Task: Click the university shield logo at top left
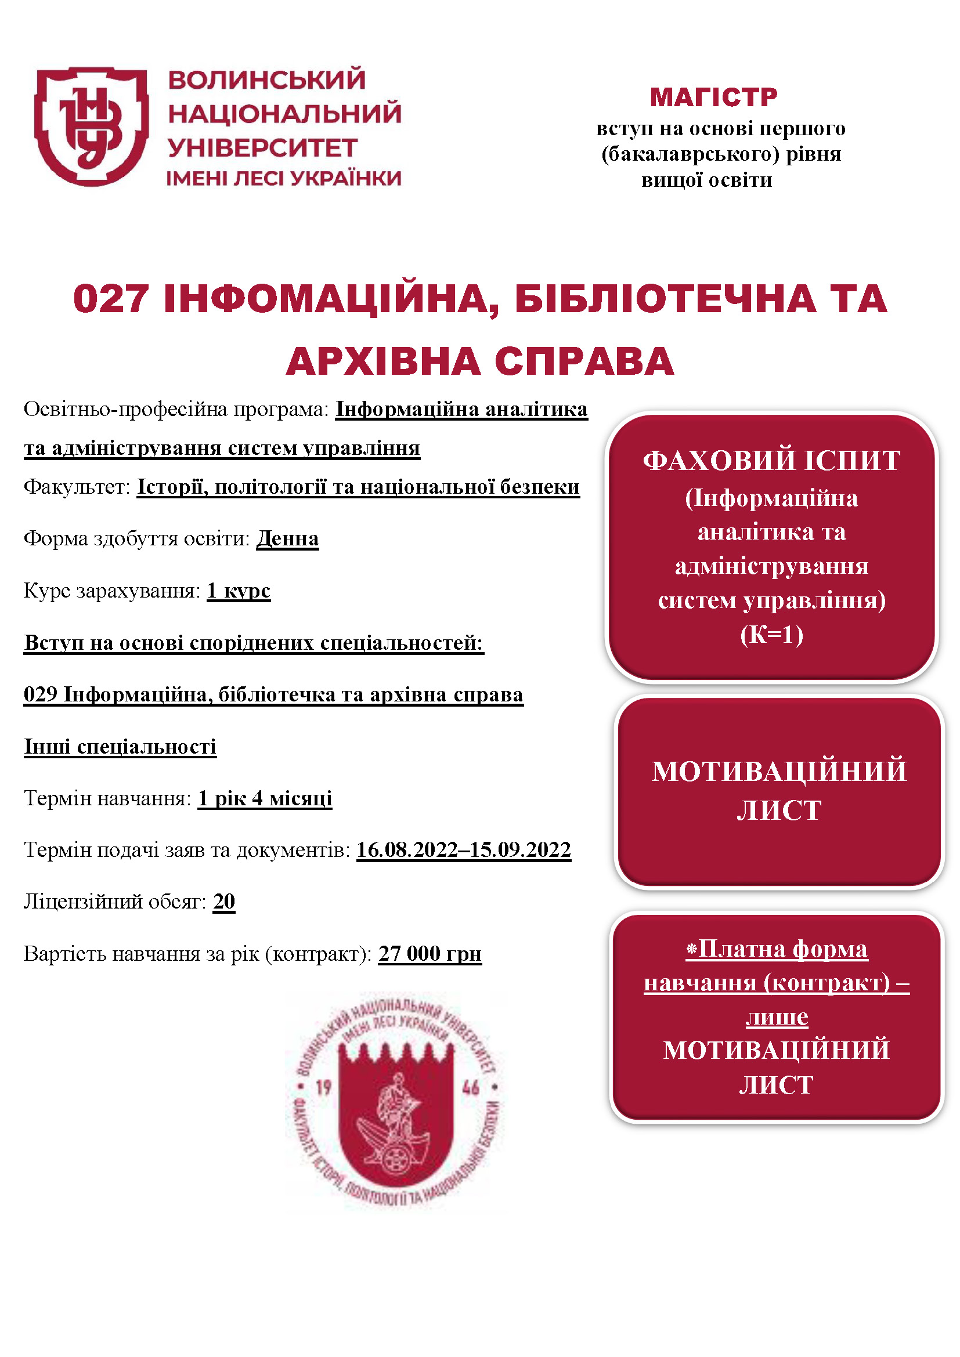coord(91,126)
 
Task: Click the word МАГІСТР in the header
coord(713,97)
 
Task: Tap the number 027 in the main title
coord(110,299)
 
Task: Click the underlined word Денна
coord(287,538)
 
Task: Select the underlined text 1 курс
coord(238,591)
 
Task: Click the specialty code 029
coord(39,694)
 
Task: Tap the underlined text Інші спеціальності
coord(120,747)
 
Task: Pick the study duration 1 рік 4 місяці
coord(265,798)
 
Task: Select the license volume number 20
coord(224,902)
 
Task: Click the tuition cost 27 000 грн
coord(430,954)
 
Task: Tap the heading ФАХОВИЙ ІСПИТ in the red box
coord(771,461)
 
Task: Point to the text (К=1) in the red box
coord(771,635)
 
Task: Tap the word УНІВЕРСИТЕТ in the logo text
coord(262,148)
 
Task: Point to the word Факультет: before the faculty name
coord(76,487)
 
